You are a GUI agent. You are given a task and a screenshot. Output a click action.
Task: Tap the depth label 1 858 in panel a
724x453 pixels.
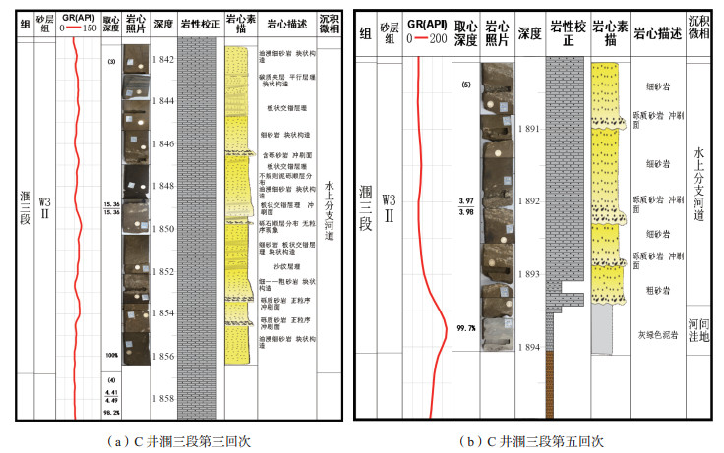click(162, 398)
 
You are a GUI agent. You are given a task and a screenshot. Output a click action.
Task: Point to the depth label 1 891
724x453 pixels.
click(528, 129)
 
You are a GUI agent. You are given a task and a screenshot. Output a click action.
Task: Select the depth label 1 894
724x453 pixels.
click(528, 348)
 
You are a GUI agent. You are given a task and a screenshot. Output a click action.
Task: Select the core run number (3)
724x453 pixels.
click(111, 62)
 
